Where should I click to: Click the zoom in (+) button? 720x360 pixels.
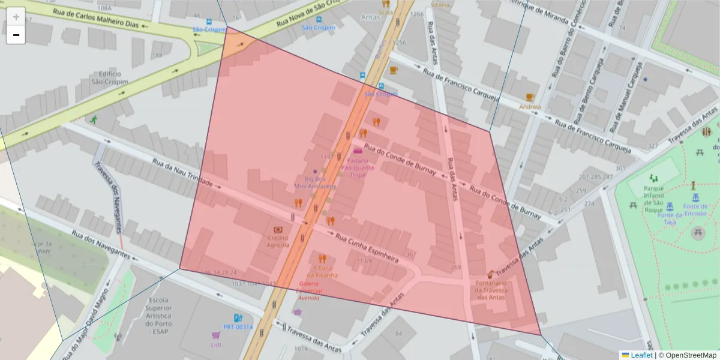coord(16,16)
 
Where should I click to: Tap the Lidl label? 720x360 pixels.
coord(216,345)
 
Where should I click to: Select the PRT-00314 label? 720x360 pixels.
coord(238,327)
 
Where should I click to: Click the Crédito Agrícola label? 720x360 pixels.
coord(278,241)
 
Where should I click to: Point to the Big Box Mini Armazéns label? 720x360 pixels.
coord(314,182)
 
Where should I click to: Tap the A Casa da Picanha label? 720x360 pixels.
coord(322,271)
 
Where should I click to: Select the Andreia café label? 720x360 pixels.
coord(530,107)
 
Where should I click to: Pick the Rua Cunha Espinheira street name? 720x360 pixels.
coord(367,248)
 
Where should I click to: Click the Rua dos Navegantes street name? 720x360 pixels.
coord(100,244)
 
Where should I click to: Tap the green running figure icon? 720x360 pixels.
coord(94,119)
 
